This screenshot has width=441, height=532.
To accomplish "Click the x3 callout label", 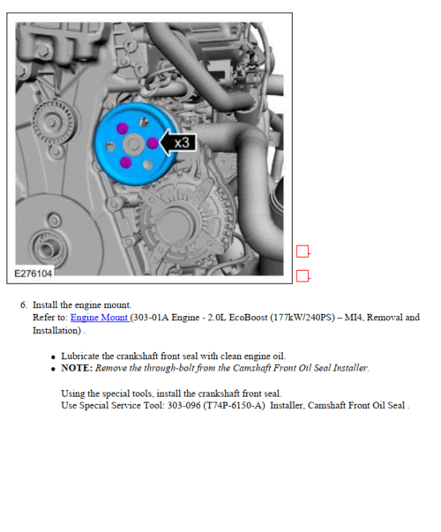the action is pyautogui.click(x=182, y=143).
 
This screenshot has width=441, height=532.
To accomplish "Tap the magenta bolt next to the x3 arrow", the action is pyautogui.click(x=153, y=143).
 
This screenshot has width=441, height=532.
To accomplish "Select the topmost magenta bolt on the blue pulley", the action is pyautogui.click(x=123, y=129).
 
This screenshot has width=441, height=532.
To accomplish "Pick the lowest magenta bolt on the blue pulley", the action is pyautogui.click(x=125, y=162).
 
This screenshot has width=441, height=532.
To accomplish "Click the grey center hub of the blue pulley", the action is pyautogui.click(x=133, y=144).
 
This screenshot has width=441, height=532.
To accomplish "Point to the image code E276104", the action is pyautogui.click(x=34, y=273).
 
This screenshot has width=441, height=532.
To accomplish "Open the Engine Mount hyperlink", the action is pyautogui.click(x=100, y=318).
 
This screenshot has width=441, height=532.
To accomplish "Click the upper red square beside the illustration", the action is pyautogui.click(x=303, y=251).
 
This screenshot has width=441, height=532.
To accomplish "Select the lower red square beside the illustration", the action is pyautogui.click(x=303, y=276).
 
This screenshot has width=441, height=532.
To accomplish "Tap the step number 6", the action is pyautogui.click(x=24, y=304).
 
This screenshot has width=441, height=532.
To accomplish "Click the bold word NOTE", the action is pyautogui.click(x=77, y=368).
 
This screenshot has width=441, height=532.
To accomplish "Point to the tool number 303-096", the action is pyautogui.click(x=183, y=406).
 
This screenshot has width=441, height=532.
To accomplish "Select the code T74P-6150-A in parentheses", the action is pyautogui.click(x=234, y=406).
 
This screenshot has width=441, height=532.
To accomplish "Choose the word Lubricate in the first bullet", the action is pyautogui.click(x=80, y=356).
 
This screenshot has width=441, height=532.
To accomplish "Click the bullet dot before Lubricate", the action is pyautogui.click(x=53, y=357).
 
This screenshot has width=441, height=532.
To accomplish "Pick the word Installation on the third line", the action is pyautogui.click(x=56, y=331).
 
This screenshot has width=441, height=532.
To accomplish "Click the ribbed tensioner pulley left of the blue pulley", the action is pyautogui.click(x=54, y=122).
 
